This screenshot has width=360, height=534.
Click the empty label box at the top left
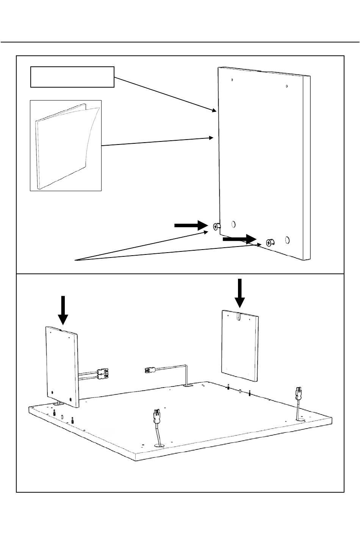point(72,77)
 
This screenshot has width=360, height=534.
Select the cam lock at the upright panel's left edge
point(216,226)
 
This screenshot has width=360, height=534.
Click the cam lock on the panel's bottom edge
point(270,242)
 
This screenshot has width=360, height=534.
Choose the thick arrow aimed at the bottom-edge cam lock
point(239,239)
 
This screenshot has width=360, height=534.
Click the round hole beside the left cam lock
point(233,224)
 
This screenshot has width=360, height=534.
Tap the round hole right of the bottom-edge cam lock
point(287,240)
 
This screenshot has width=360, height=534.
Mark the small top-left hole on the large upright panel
point(232,80)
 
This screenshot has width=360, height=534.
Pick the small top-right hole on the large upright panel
point(287,86)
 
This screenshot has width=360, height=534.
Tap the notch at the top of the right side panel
point(238,317)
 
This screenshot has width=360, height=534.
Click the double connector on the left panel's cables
point(103,374)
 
